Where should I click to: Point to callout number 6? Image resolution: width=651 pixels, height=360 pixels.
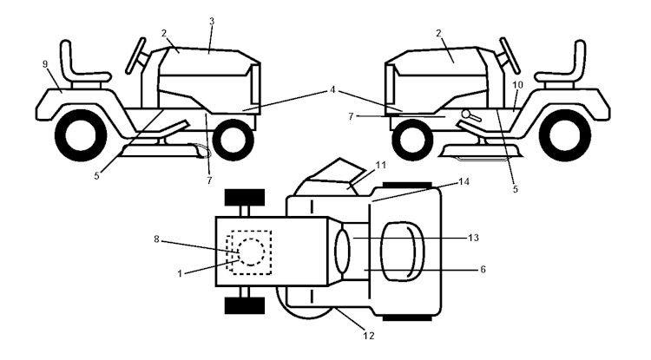point(483,270)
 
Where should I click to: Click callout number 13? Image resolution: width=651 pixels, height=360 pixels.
point(474,236)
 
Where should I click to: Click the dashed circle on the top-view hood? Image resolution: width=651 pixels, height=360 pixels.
point(250,252)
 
